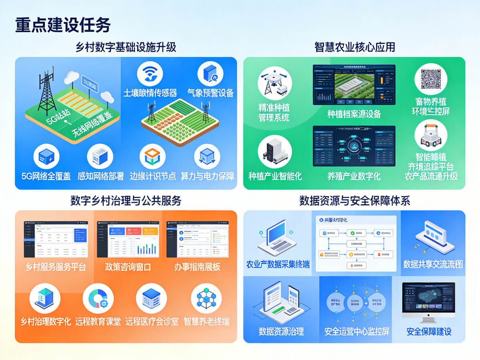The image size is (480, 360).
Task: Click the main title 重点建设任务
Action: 63,25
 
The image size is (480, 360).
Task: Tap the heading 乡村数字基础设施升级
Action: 126,47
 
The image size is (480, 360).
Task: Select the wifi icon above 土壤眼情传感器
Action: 150,74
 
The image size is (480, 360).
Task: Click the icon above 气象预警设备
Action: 210,74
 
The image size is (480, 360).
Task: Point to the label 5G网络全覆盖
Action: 46,176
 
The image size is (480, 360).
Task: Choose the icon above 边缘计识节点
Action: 152,156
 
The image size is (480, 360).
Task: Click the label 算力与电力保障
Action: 208,176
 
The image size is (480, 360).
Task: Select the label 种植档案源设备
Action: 354,114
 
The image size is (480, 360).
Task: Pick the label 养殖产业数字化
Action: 354,176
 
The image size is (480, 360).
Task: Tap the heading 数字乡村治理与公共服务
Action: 126,200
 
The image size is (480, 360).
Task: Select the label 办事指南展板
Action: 197,267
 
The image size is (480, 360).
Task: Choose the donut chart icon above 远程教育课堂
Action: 98,298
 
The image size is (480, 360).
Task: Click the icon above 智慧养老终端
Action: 206,298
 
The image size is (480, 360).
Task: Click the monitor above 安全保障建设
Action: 428,302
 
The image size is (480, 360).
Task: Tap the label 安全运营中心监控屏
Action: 357,332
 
